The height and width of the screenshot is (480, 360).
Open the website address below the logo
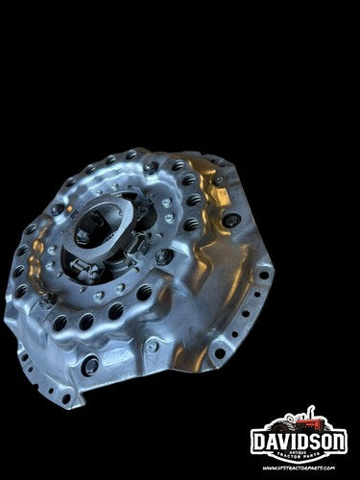299,468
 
